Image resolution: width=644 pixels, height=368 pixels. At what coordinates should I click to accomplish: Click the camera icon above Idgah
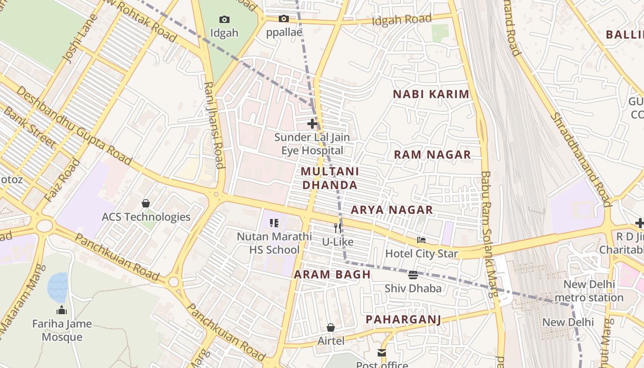[x=224, y=19]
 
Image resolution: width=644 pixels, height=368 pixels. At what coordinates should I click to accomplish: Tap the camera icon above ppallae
[x=284, y=19]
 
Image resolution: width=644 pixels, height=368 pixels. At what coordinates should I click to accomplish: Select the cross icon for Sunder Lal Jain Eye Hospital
[x=312, y=123]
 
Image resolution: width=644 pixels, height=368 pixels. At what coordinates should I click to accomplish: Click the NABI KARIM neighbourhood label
[x=431, y=94]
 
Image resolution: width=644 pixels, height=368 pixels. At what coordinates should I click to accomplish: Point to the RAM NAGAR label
[x=432, y=155]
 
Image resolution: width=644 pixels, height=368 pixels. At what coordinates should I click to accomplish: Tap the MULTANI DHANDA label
[x=329, y=178]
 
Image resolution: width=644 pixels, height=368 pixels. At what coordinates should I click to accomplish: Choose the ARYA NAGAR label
[x=392, y=210]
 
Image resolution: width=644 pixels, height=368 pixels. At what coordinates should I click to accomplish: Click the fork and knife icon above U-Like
[x=338, y=228]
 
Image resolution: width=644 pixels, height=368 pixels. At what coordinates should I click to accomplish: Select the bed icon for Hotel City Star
[x=421, y=240]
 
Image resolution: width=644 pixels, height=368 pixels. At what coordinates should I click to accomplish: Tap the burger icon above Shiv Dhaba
[x=413, y=275]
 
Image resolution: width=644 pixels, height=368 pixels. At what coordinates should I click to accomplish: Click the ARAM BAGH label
[x=332, y=275]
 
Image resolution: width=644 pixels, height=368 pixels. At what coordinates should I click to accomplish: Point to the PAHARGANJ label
[x=403, y=320]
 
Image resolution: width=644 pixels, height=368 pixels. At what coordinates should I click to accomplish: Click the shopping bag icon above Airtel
[x=330, y=328]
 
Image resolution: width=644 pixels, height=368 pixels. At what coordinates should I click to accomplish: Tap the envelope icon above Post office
[x=382, y=353]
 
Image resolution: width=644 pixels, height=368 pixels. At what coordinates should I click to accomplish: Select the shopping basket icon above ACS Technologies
[x=146, y=203]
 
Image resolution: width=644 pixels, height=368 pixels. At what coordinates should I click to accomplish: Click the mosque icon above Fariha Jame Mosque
[x=62, y=310]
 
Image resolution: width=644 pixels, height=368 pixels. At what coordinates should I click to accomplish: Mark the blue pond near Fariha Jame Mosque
[x=57, y=287]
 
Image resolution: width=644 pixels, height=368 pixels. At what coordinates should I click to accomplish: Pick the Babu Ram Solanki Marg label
[x=488, y=235]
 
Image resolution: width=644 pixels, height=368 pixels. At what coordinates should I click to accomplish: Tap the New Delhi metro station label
[x=588, y=291]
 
